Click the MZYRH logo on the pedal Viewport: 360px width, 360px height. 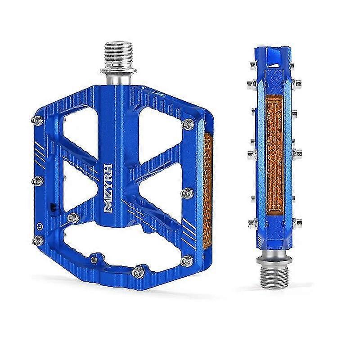[x=108, y=189]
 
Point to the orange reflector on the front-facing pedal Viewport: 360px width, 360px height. [x=207, y=190]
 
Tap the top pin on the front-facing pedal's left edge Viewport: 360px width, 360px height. [x=37, y=120]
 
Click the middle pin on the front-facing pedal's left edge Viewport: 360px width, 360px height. [x=37, y=181]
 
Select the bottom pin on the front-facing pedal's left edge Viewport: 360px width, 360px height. [x=38, y=241]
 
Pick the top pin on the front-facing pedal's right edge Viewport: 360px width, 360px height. [x=188, y=124]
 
